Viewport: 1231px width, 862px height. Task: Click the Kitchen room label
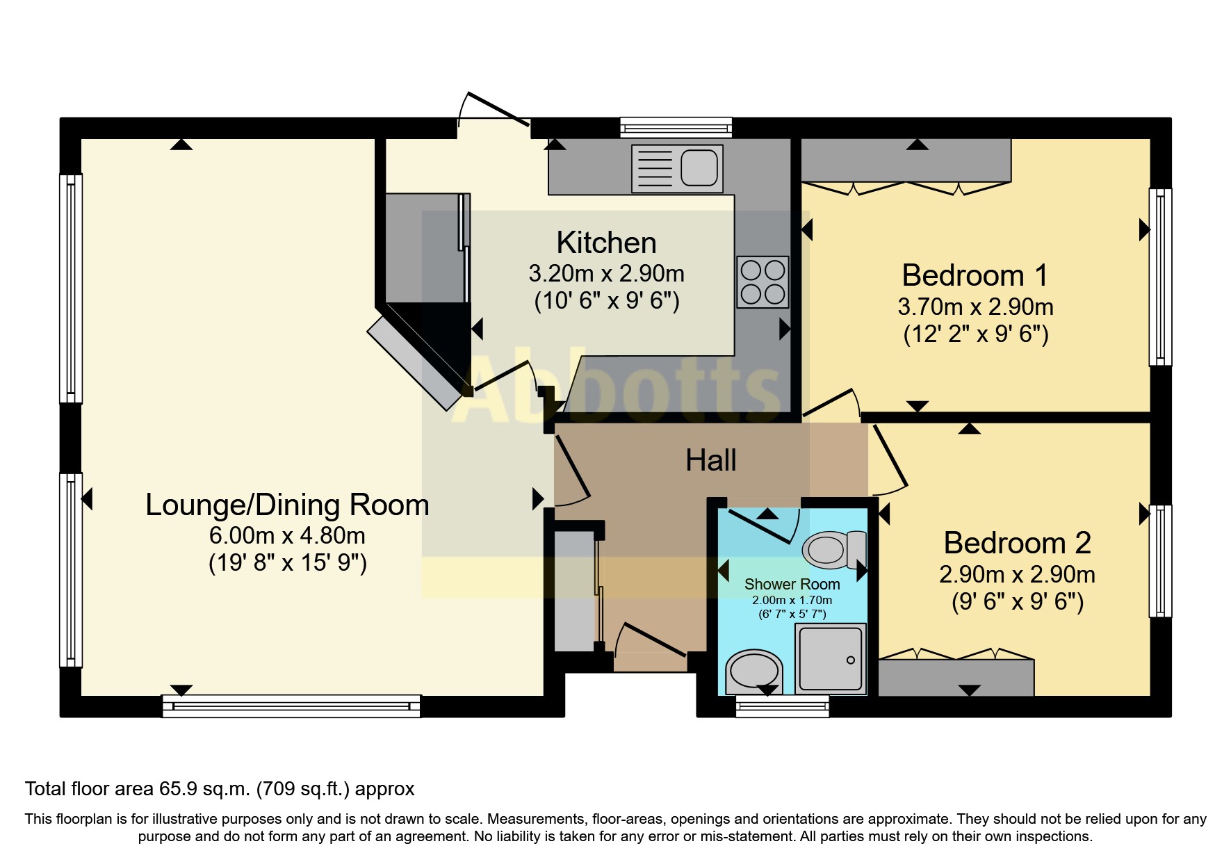pyautogui.click(x=606, y=243)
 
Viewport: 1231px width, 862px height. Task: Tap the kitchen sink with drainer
pyautogui.click(x=676, y=168)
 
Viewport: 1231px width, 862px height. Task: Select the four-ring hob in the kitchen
pyautogui.click(x=763, y=282)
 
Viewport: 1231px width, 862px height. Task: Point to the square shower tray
pyautogui.click(x=831, y=658)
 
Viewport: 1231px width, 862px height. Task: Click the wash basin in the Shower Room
pyautogui.click(x=753, y=672)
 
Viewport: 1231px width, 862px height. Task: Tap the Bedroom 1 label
pyautogui.click(x=975, y=276)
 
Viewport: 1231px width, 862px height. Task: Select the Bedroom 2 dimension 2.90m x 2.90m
pyautogui.click(x=1017, y=574)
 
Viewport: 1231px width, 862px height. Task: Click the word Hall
pyautogui.click(x=710, y=460)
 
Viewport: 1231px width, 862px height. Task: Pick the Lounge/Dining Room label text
pyautogui.click(x=287, y=505)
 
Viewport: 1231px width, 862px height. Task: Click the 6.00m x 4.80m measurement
pyautogui.click(x=287, y=535)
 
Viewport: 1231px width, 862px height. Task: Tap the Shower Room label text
pyautogui.click(x=792, y=584)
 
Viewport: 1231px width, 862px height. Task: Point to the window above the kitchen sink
pyautogui.click(x=676, y=127)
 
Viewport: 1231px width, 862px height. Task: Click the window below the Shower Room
pyautogui.click(x=783, y=707)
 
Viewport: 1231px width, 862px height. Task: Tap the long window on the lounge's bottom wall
pyautogui.click(x=291, y=706)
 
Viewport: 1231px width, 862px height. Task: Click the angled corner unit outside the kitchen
pyautogui.click(x=415, y=364)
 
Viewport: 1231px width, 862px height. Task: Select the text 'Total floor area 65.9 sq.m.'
pyautogui.click(x=137, y=789)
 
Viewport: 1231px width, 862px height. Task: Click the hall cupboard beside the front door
pyautogui.click(x=574, y=591)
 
